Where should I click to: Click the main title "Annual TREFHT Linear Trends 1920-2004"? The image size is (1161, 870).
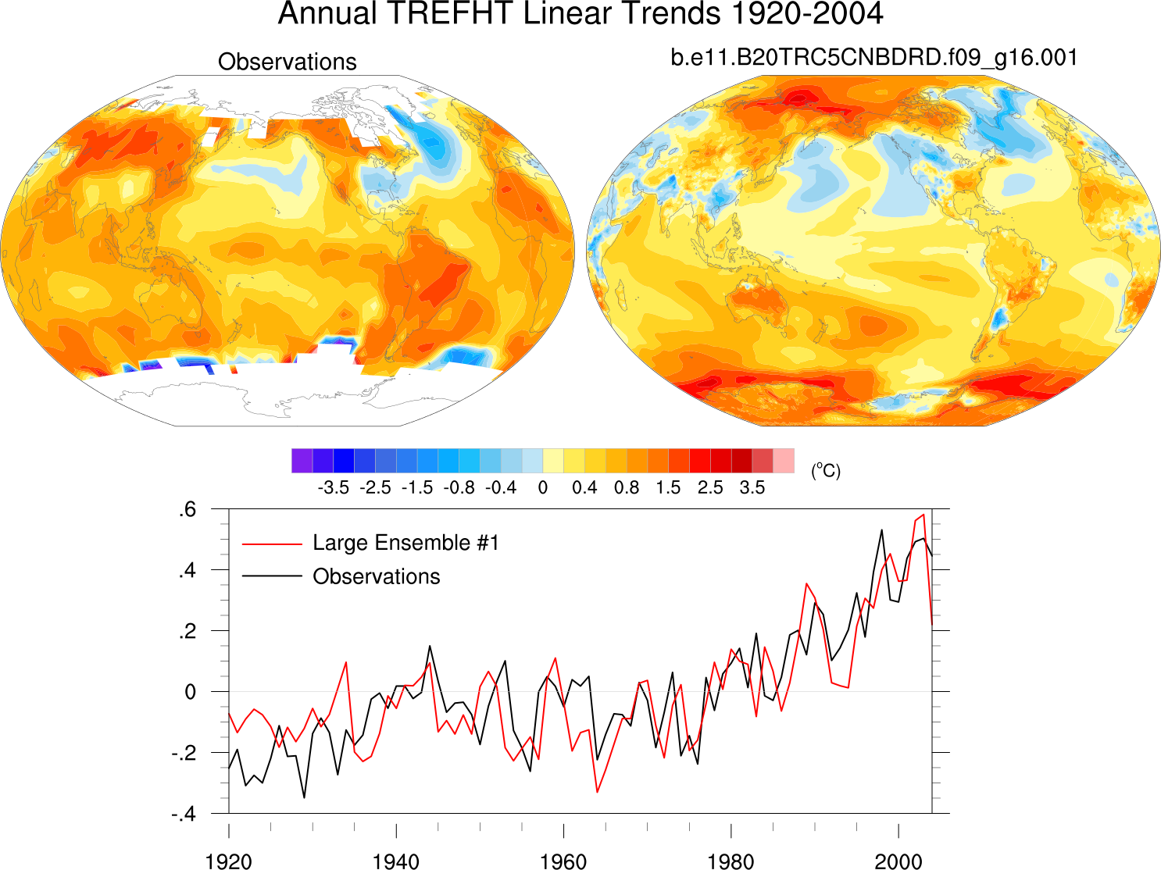[x=580, y=14]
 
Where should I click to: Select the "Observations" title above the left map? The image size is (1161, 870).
[x=287, y=62]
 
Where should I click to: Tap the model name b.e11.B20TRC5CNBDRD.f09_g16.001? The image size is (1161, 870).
[x=873, y=58]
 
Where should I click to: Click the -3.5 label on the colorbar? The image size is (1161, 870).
[x=333, y=488]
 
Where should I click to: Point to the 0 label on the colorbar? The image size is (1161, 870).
[x=543, y=488]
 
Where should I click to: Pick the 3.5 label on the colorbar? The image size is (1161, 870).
[x=752, y=488]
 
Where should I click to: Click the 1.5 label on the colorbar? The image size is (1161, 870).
[x=668, y=488]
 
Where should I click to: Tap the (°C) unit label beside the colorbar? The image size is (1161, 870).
[x=826, y=470]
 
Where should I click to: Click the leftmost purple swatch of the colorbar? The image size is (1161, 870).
[x=302, y=461]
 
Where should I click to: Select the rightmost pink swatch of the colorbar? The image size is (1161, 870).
[x=784, y=461]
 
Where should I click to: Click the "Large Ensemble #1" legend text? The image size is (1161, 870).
[x=405, y=543]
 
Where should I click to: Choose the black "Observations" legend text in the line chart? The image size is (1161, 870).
[x=377, y=576]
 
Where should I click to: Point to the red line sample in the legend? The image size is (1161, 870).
[x=272, y=544]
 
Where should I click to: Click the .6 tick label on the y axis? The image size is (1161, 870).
[x=187, y=510]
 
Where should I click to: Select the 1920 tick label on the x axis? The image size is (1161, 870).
[x=228, y=861]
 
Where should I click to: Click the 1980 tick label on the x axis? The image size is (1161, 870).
[x=731, y=861]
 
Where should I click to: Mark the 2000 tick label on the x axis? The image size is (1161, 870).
[x=898, y=861]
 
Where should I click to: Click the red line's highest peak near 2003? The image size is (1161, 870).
[x=923, y=515]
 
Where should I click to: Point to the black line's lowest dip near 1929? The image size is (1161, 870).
[x=304, y=797]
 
